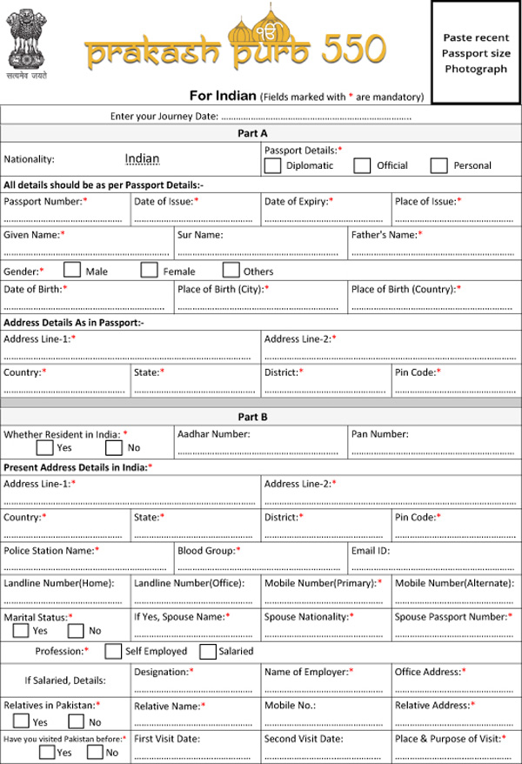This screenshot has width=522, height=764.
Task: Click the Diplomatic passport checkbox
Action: (272, 165)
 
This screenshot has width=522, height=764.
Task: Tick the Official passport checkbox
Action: (363, 165)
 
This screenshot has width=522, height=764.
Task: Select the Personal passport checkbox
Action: (439, 165)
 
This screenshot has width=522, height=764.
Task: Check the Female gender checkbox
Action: (150, 271)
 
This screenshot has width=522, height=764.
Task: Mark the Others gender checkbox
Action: (231, 271)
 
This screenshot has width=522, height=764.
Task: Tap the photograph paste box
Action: (475, 52)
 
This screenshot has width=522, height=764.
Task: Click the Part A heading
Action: (252, 133)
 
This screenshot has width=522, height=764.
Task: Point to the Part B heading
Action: (252, 417)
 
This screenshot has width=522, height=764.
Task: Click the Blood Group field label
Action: (209, 551)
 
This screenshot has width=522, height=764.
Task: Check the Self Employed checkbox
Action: (113, 651)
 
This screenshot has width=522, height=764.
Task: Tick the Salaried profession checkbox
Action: (208, 651)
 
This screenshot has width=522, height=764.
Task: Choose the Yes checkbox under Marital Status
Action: (21, 630)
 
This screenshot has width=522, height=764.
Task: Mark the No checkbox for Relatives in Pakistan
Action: (77, 721)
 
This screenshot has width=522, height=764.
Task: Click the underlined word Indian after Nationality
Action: (142, 158)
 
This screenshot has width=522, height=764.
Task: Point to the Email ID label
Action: (371, 551)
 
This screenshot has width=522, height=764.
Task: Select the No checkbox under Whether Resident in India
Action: (114, 448)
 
